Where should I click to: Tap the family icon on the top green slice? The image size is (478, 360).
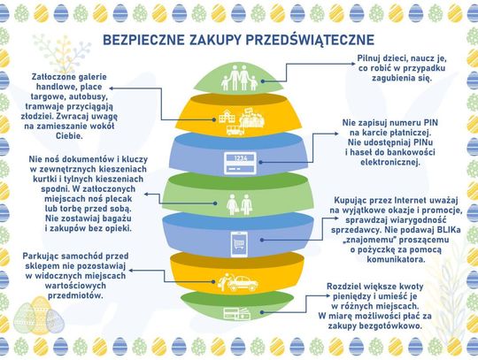click(239, 78)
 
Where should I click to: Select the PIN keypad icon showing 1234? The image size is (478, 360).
click(240, 164)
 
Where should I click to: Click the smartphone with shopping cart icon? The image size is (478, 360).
click(239, 244)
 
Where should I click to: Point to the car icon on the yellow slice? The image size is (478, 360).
click(243, 283)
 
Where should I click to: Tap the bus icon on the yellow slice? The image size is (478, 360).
click(235, 130)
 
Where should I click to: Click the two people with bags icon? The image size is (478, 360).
click(239, 204)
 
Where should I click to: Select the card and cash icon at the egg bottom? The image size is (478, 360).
click(237, 314)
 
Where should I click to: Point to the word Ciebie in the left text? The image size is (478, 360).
click(69, 136)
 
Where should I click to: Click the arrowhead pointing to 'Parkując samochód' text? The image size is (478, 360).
click(131, 270)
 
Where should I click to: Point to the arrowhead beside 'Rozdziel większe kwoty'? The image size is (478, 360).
click(328, 295)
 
